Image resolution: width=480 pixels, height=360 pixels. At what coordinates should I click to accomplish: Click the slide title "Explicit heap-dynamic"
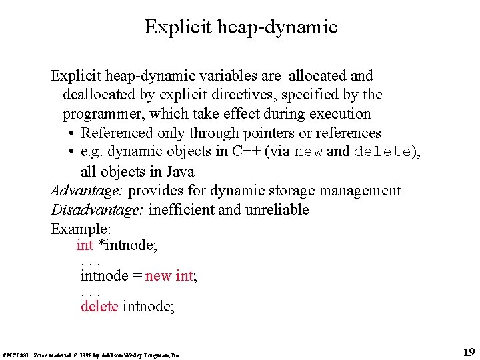[x=241, y=27]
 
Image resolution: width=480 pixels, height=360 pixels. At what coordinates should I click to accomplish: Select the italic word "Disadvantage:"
[x=97, y=210]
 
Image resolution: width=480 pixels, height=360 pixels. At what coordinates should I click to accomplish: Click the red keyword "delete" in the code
[x=99, y=306]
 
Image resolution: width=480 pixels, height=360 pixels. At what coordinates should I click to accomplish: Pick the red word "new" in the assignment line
[x=158, y=275]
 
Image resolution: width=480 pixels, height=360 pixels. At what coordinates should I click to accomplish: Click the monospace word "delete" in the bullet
[x=382, y=151]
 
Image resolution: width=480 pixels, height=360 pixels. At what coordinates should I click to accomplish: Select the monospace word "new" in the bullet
[x=308, y=151]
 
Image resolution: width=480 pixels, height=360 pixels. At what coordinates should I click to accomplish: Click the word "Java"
[x=179, y=171]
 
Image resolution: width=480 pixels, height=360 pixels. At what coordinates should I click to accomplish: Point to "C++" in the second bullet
[x=247, y=151]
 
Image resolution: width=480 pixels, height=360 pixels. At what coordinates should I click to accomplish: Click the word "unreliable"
[x=285, y=210]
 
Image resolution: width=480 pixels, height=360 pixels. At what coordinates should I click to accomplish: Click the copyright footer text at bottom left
[x=93, y=355]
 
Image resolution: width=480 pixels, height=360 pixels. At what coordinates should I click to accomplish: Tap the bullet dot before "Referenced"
[x=71, y=133]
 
